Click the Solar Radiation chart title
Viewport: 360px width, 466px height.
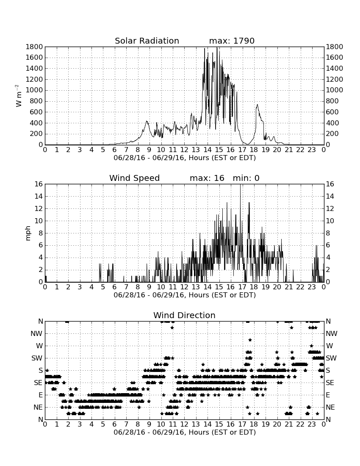147,41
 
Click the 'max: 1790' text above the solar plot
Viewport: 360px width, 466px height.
232,41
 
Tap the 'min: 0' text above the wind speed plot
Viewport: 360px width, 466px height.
246,178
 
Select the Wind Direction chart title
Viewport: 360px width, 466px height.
184,315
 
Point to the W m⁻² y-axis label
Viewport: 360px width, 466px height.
18,96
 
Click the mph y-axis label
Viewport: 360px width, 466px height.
28,233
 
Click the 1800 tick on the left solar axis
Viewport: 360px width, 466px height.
34,47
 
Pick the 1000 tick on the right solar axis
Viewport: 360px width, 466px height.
335,90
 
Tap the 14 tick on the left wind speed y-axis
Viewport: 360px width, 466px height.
39,196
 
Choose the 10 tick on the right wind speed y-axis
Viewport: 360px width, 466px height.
330,221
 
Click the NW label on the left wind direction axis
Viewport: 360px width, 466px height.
36,333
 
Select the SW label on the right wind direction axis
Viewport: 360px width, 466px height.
331,358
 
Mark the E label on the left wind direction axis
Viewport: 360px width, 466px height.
41,395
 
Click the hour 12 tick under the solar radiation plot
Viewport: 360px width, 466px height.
184,150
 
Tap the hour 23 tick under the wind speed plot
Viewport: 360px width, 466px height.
312,287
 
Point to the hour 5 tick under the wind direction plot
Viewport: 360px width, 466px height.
103,424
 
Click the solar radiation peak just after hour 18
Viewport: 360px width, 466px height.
257,105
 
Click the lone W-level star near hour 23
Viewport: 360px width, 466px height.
311,346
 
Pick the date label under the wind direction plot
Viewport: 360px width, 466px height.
185,432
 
